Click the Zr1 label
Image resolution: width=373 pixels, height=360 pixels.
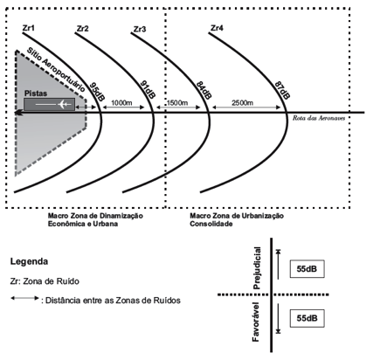pyautogui.click(x=28, y=28)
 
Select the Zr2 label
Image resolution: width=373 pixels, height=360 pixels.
pyautogui.click(x=83, y=29)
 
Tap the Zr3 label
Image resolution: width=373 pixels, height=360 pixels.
pyautogui.click(x=140, y=29)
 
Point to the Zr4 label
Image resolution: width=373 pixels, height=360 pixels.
pyautogui.click(x=217, y=28)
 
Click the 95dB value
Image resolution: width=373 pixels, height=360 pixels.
pyautogui.click(x=97, y=92)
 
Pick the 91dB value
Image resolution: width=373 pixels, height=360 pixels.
pyautogui.click(x=148, y=89)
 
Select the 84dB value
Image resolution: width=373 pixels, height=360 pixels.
pyautogui.click(x=204, y=90)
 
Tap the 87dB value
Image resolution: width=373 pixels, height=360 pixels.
pyautogui.click(x=282, y=90)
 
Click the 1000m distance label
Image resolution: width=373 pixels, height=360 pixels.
pyautogui.click(x=121, y=102)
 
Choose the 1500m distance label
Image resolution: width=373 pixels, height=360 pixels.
pyautogui.click(x=177, y=103)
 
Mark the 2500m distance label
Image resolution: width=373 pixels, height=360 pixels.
pyautogui.click(x=242, y=103)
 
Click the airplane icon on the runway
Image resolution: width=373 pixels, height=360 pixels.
pyautogui.click(x=65, y=104)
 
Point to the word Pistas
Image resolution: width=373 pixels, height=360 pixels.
pyautogui.click(x=36, y=93)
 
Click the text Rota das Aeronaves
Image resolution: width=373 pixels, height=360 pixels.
pyautogui.click(x=319, y=118)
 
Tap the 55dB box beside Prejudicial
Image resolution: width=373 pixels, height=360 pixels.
pyautogui.click(x=307, y=268)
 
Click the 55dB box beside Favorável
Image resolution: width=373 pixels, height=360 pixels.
pyautogui.click(x=307, y=318)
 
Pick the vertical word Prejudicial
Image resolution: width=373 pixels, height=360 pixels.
pyautogui.click(x=257, y=268)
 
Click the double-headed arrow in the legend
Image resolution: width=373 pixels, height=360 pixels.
pyautogui.click(x=24, y=298)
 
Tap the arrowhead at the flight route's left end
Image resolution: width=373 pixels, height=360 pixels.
pyautogui.click(x=18, y=112)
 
